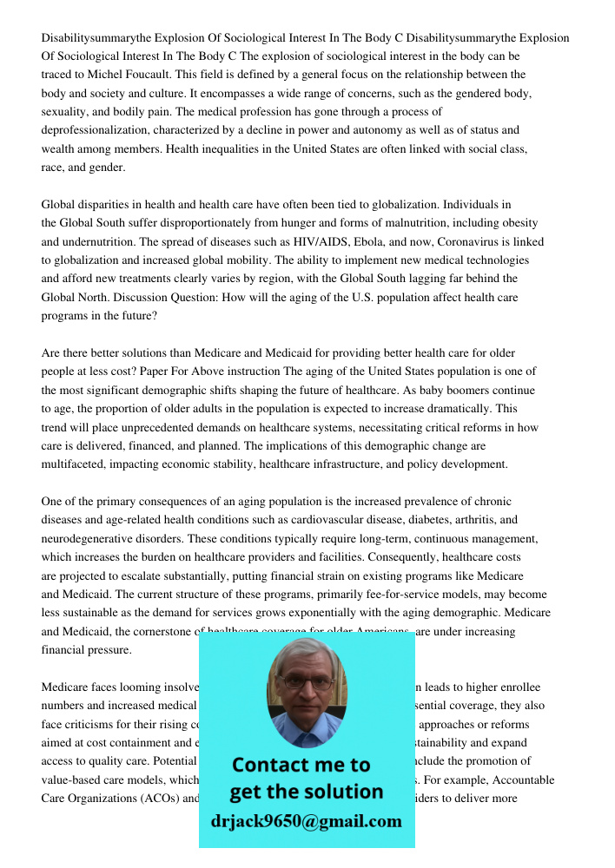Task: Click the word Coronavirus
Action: tap(472, 241)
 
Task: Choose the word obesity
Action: tap(515, 223)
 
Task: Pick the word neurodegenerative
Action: tap(91, 538)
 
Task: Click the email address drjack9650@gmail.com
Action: tap(307, 821)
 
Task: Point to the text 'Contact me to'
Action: tap(301, 765)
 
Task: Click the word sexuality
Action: tap(65, 111)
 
